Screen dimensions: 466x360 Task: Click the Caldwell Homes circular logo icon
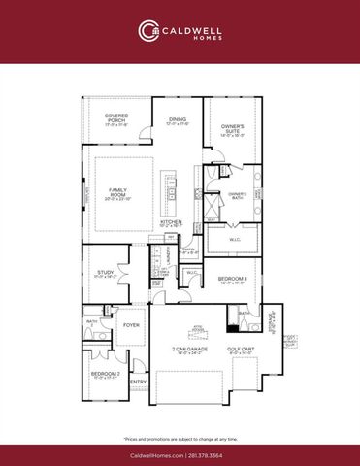[147, 31]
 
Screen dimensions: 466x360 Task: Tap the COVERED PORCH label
[117, 117]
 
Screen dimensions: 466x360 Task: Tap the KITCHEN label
[171, 222]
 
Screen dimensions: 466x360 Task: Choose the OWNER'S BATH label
[238, 194]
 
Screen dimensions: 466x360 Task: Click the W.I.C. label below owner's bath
[235, 240]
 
